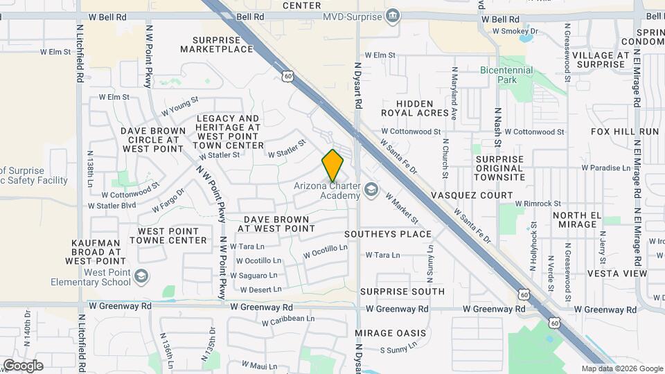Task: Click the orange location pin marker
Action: point(333,166)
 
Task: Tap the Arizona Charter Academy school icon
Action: point(372,189)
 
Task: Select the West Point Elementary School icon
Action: point(141,277)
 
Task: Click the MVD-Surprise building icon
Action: point(393,15)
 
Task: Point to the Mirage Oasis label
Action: point(386,332)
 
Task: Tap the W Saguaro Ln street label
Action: point(259,276)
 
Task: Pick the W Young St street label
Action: point(179,107)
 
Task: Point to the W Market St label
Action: point(402,208)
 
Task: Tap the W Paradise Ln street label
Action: point(605,168)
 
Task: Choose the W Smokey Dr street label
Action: point(515,31)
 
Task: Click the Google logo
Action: point(23,366)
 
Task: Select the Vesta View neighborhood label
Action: point(617,274)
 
